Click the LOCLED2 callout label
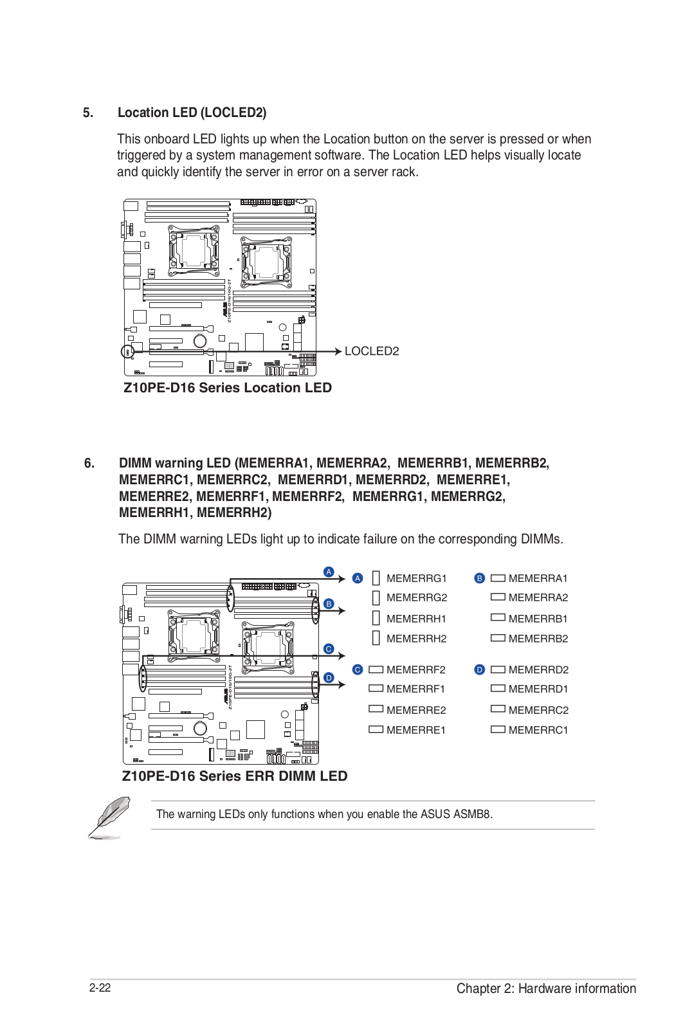coord(372,351)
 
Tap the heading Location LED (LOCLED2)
coord(192,113)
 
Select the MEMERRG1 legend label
coord(416,578)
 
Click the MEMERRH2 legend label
coord(416,639)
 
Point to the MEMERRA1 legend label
coord(538,578)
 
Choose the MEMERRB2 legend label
coord(538,639)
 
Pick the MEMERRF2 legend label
coord(415,669)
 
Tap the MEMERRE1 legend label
coord(415,730)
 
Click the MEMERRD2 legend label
coord(538,669)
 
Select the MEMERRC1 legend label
coord(538,730)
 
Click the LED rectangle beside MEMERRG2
coord(376,598)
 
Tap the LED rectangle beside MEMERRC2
coord(498,709)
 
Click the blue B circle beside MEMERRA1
coord(479,578)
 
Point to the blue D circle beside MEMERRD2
coord(479,669)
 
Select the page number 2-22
coord(100,988)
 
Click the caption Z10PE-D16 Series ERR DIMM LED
coord(235,776)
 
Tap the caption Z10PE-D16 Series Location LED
coord(228,388)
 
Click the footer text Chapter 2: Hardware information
coord(546,988)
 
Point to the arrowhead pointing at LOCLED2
coord(338,351)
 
